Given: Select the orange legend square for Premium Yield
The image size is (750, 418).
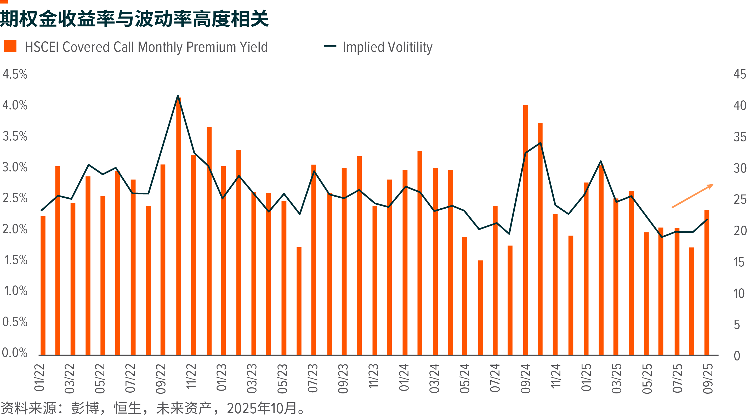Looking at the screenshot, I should click(x=10, y=46).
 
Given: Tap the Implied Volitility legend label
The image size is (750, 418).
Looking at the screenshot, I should click(x=387, y=47).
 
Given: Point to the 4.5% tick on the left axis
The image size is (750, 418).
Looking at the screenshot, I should click(x=15, y=75).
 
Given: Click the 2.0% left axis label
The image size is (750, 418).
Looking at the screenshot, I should click(x=15, y=229).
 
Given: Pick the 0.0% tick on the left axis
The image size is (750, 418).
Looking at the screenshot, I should click(x=15, y=353).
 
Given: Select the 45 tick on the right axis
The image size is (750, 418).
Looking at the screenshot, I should click(x=740, y=75).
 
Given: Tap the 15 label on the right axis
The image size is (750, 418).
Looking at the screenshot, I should click(x=739, y=262).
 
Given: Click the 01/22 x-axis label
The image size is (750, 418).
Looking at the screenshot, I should click(x=39, y=377).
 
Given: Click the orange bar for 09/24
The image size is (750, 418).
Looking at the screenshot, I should click(x=526, y=230).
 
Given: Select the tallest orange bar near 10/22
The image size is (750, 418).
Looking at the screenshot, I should click(x=179, y=227).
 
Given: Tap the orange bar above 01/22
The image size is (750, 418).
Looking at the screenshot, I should click(x=43, y=285).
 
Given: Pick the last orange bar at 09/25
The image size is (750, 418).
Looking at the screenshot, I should click(x=707, y=282).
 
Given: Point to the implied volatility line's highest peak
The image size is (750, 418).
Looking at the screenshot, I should click(x=178, y=96).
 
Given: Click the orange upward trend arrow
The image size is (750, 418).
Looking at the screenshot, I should click(x=692, y=196).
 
